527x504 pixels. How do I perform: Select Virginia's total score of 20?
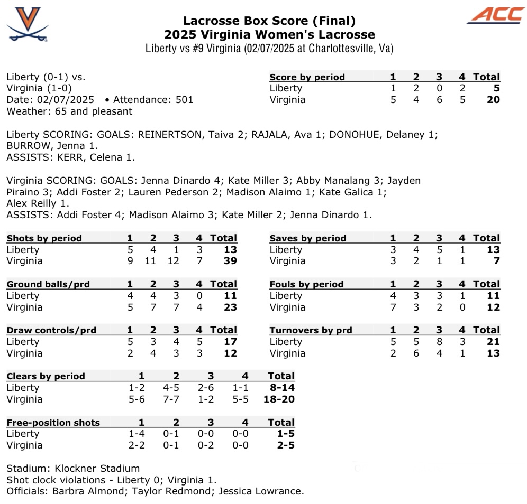[x=493, y=100]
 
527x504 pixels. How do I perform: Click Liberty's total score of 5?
[x=496, y=88]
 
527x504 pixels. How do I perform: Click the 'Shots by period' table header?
[x=44, y=238]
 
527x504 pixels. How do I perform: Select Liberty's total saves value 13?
[x=493, y=250]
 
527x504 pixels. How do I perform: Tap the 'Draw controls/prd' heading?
[x=51, y=330]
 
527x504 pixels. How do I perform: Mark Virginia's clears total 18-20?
[x=279, y=399]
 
